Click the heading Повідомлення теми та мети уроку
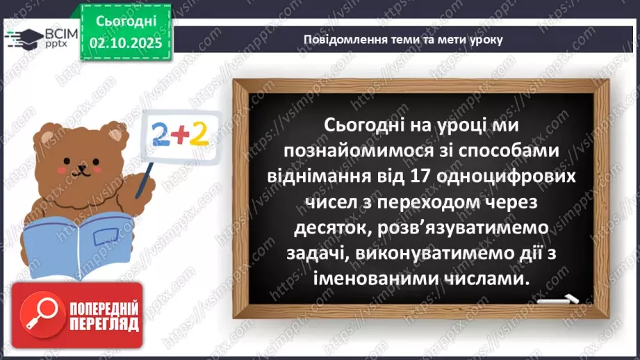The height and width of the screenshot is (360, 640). [x=403, y=39]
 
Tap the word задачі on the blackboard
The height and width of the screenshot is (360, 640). [x=316, y=254]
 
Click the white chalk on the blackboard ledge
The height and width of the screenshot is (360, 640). [x=560, y=300]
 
